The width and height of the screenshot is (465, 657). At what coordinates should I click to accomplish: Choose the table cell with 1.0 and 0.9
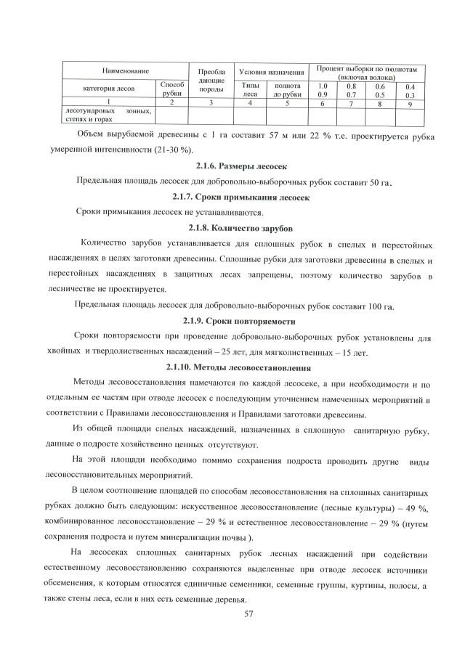(x=323, y=90)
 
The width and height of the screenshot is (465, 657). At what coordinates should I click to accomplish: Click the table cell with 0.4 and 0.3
(x=410, y=90)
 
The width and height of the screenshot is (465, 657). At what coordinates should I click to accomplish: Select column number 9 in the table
(x=410, y=104)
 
